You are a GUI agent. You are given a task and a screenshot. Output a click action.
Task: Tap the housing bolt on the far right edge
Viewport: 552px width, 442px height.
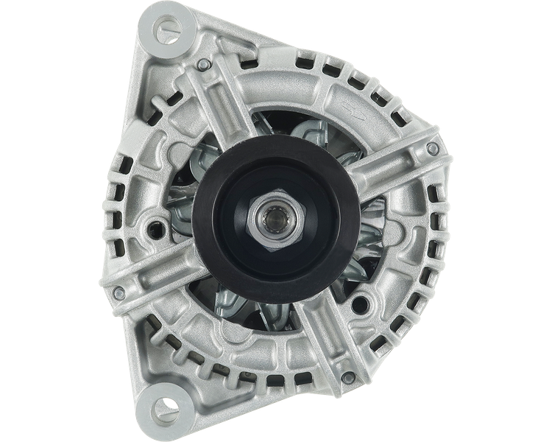(x=433, y=149)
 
